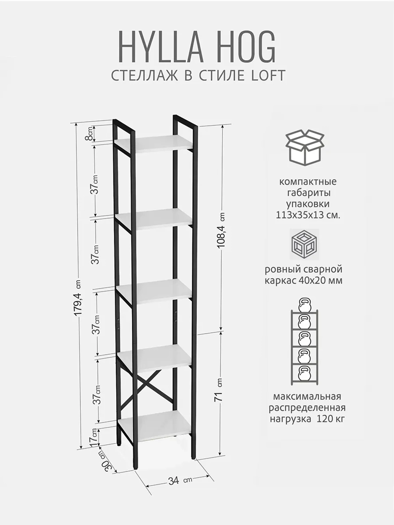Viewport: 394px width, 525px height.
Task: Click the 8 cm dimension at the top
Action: [91, 134]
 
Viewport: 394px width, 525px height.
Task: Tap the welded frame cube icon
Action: [305, 244]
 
